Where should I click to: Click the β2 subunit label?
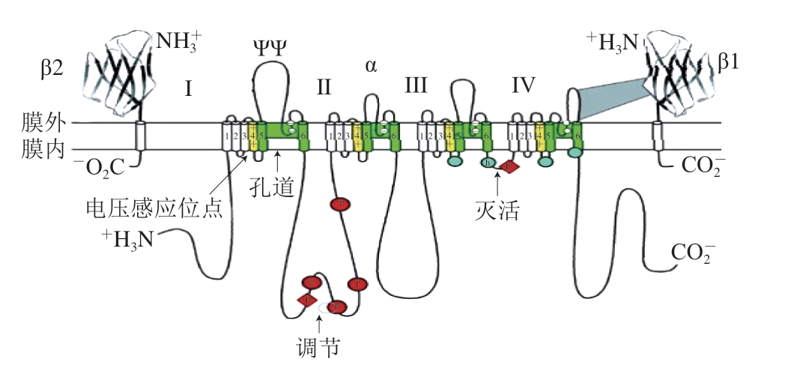[x=54, y=67]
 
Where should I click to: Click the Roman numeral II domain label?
[x=324, y=87]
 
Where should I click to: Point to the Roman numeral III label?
[x=416, y=86]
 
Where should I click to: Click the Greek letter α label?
[x=371, y=65]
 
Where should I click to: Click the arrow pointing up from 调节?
[x=321, y=323]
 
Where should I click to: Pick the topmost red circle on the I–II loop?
[x=340, y=204]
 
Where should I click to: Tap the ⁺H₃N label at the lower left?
[x=132, y=238]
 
